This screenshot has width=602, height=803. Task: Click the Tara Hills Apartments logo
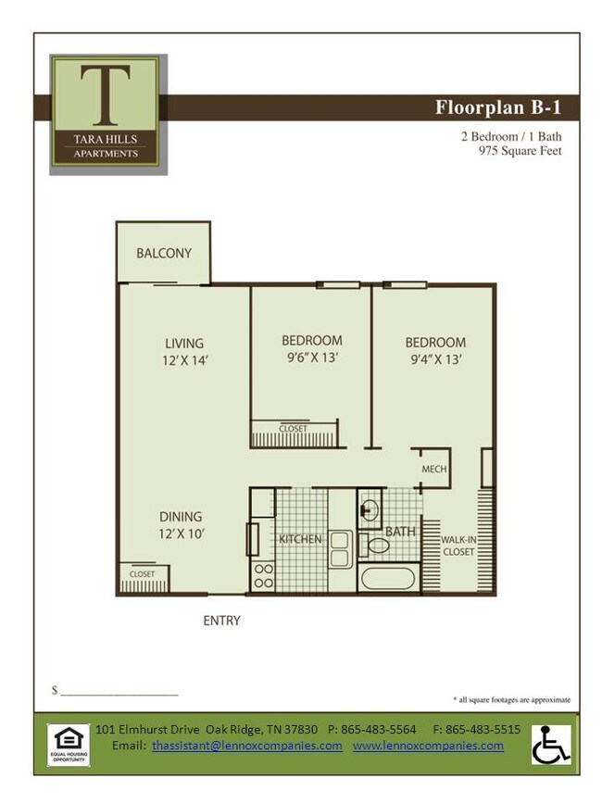coord(108,113)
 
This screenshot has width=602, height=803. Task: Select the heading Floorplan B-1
coord(497,107)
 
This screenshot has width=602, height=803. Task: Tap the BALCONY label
coord(164,253)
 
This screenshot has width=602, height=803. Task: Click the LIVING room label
coord(184,343)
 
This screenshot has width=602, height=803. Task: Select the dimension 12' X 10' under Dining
coord(182,533)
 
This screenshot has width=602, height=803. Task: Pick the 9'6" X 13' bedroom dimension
coord(312,358)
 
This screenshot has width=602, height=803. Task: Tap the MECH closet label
coord(433,469)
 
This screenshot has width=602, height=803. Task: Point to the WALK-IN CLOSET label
coord(458,546)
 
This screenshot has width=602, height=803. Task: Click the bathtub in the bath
coord(387,580)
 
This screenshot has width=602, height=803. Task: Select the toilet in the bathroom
coord(378,545)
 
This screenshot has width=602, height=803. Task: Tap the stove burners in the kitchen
coord(263,575)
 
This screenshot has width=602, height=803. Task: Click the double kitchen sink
coord(340,548)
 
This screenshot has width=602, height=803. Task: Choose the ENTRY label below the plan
coord(221,621)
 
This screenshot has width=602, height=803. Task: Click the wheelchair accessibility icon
coord(550,744)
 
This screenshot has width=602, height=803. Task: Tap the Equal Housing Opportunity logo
coord(69,745)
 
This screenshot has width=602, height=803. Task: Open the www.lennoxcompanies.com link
coord(428,746)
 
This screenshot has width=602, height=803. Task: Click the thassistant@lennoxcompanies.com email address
coord(247,746)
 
